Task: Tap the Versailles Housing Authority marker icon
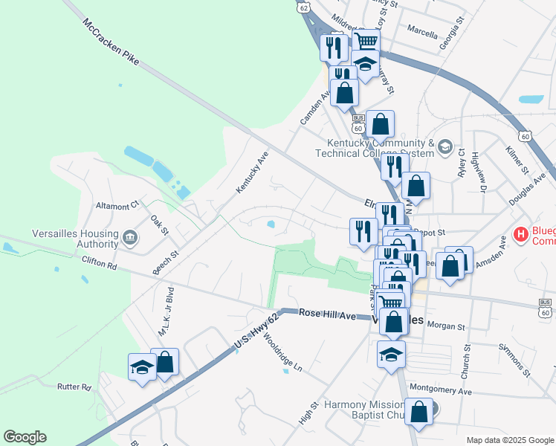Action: tap(130, 238)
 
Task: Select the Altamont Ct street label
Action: tap(117, 204)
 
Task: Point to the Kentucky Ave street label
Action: tap(252, 174)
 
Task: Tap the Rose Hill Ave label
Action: tap(328, 314)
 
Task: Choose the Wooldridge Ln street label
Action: tap(282, 357)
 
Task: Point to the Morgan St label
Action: tap(445, 326)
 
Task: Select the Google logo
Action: tap(25, 437)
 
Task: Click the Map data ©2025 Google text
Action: tap(509, 440)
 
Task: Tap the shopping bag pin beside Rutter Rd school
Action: tap(165, 363)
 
